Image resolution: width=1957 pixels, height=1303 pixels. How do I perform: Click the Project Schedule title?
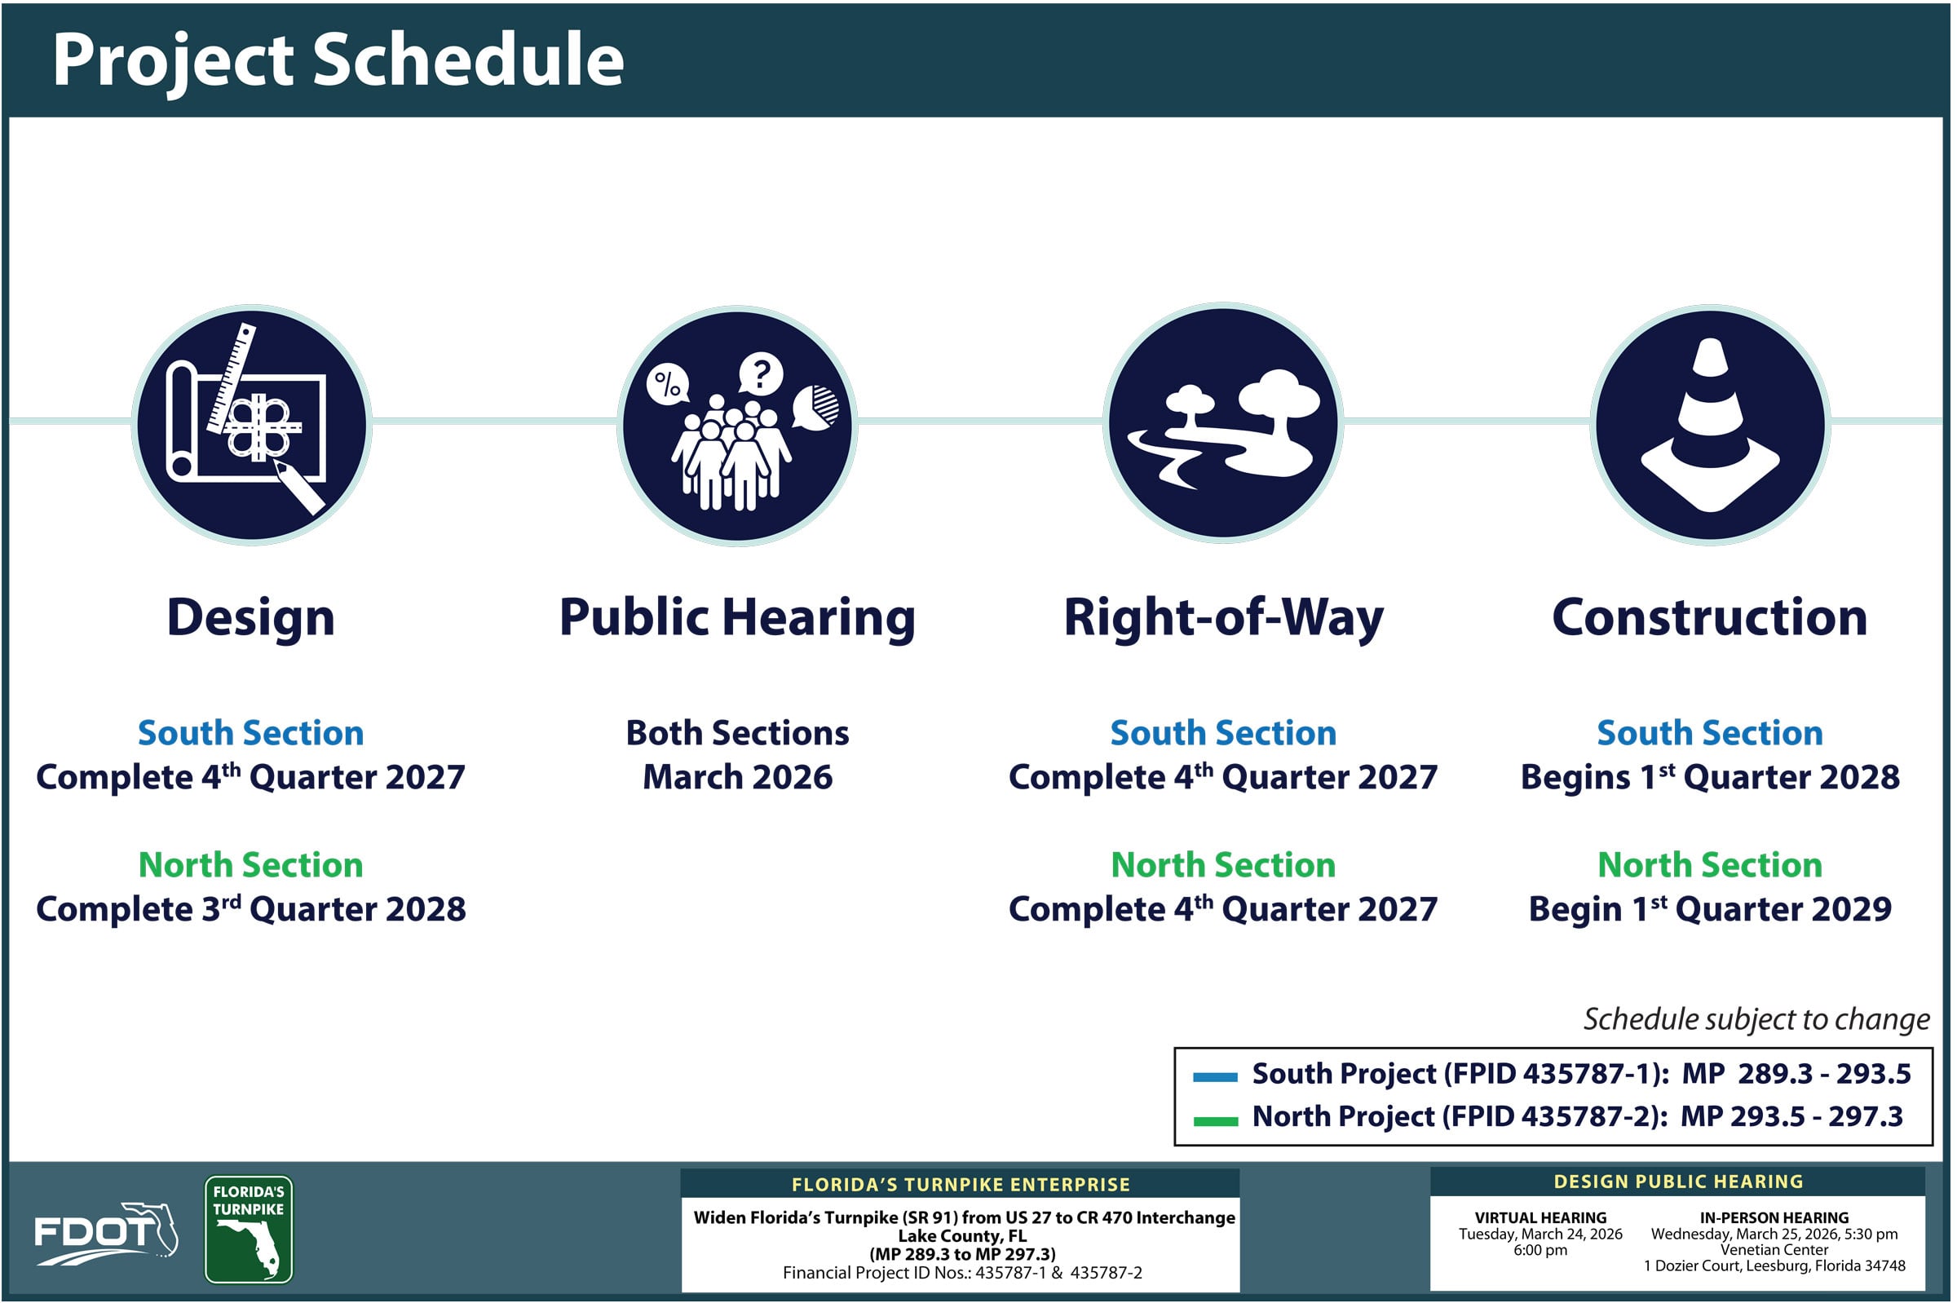(338, 60)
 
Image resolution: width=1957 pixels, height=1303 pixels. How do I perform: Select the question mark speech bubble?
(759, 373)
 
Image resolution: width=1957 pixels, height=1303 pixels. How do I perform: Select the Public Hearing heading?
(737, 617)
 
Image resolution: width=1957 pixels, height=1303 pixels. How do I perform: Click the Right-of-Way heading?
(1223, 617)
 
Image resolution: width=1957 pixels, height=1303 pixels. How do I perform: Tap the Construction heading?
(1709, 617)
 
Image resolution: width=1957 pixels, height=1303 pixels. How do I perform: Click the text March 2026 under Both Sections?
(737, 777)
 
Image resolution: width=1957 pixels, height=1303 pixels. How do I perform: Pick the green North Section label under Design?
(250, 865)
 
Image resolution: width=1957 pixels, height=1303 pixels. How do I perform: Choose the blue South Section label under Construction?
(1709, 733)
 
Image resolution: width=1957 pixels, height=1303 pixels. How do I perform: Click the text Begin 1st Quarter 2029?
(1709, 909)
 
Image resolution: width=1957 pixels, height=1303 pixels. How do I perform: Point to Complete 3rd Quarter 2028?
(250, 909)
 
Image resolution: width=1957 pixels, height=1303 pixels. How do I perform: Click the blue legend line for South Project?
(1215, 1077)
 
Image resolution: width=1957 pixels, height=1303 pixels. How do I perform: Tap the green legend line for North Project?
(1215, 1121)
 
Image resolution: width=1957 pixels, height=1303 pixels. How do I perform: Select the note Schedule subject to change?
(1755, 1018)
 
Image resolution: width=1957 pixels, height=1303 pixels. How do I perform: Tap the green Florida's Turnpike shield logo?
(249, 1229)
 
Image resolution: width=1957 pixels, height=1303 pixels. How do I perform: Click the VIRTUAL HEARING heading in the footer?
(1540, 1217)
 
